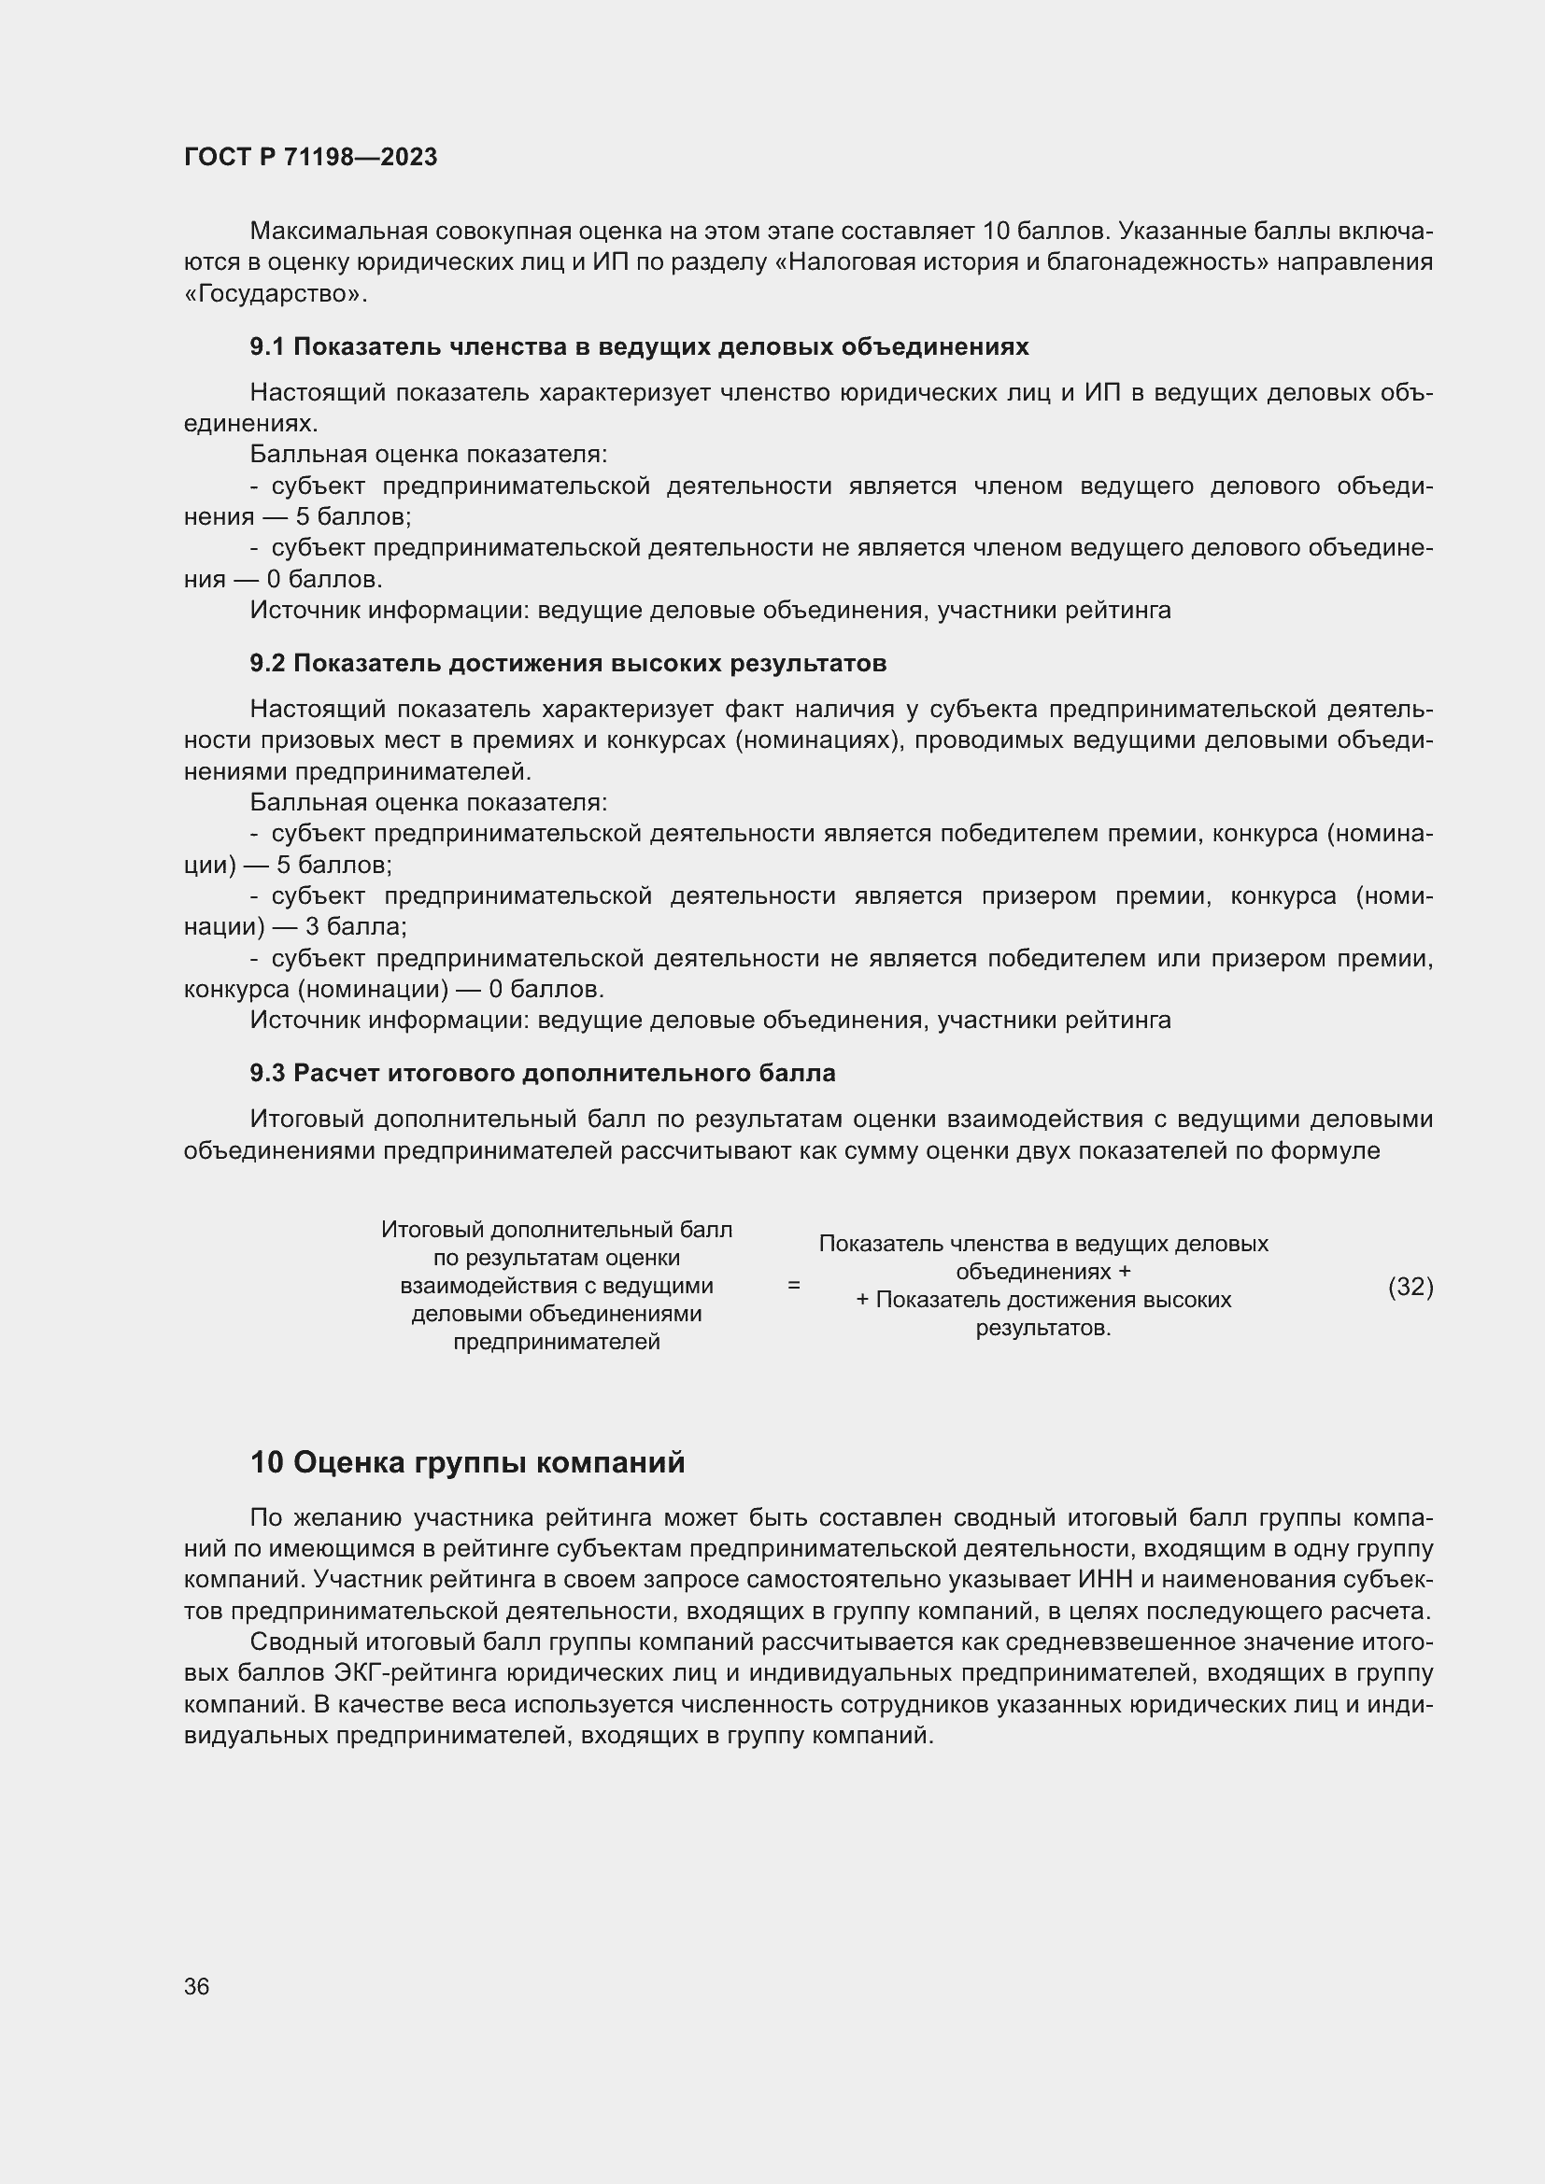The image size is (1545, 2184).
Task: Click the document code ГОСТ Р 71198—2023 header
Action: click(310, 157)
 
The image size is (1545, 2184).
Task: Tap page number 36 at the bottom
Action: click(196, 1987)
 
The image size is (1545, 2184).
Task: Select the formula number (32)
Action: click(1410, 1287)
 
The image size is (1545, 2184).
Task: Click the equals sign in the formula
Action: click(793, 1285)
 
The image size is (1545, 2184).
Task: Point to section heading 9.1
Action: click(638, 347)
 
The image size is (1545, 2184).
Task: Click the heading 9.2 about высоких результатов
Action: click(568, 663)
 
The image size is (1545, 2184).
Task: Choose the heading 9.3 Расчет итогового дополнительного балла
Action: click(543, 1073)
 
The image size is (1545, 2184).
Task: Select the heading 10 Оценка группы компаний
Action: click(467, 1462)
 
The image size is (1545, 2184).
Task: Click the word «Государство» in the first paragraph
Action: click(275, 294)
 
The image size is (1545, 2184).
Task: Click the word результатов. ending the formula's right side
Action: click(1042, 1328)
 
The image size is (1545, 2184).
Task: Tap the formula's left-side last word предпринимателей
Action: click(557, 1342)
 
